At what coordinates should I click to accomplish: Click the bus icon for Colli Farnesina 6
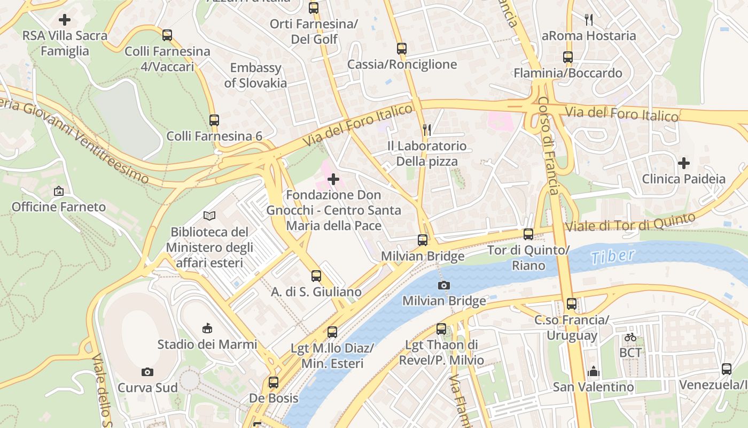pyautogui.click(x=214, y=120)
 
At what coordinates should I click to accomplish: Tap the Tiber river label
pyautogui.click(x=613, y=256)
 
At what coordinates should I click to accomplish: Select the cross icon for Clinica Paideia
pyautogui.click(x=683, y=163)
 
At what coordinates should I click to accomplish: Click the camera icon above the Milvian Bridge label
pyautogui.click(x=443, y=285)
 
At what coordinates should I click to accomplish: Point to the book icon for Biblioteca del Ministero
pyautogui.click(x=209, y=216)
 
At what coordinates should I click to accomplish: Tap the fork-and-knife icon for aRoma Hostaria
pyautogui.click(x=589, y=20)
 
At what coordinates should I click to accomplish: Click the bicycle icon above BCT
pyautogui.click(x=630, y=337)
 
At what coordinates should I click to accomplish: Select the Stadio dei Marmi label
pyautogui.click(x=207, y=344)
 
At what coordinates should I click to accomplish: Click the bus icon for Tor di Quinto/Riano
pyautogui.click(x=528, y=234)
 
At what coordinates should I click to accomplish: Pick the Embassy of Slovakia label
pyautogui.click(x=255, y=75)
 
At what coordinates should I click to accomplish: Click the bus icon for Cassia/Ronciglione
pyautogui.click(x=402, y=49)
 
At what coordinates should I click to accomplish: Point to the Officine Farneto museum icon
pyautogui.click(x=59, y=191)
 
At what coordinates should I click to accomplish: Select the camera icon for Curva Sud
pyautogui.click(x=147, y=372)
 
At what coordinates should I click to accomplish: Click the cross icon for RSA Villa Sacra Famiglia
pyautogui.click(x=65, y=20)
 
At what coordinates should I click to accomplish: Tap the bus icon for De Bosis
pyautogui.click(x=274, y=383)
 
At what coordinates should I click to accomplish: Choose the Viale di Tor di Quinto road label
pyautogui.click(x=630, y=222)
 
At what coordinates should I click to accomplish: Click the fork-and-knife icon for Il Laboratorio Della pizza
pyautogui.click(x=426, y=129)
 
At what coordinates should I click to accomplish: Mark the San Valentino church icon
pyautogui.click(x=593, y=371)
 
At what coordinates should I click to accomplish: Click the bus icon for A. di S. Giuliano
pyautogui.click(x=316, y=276)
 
